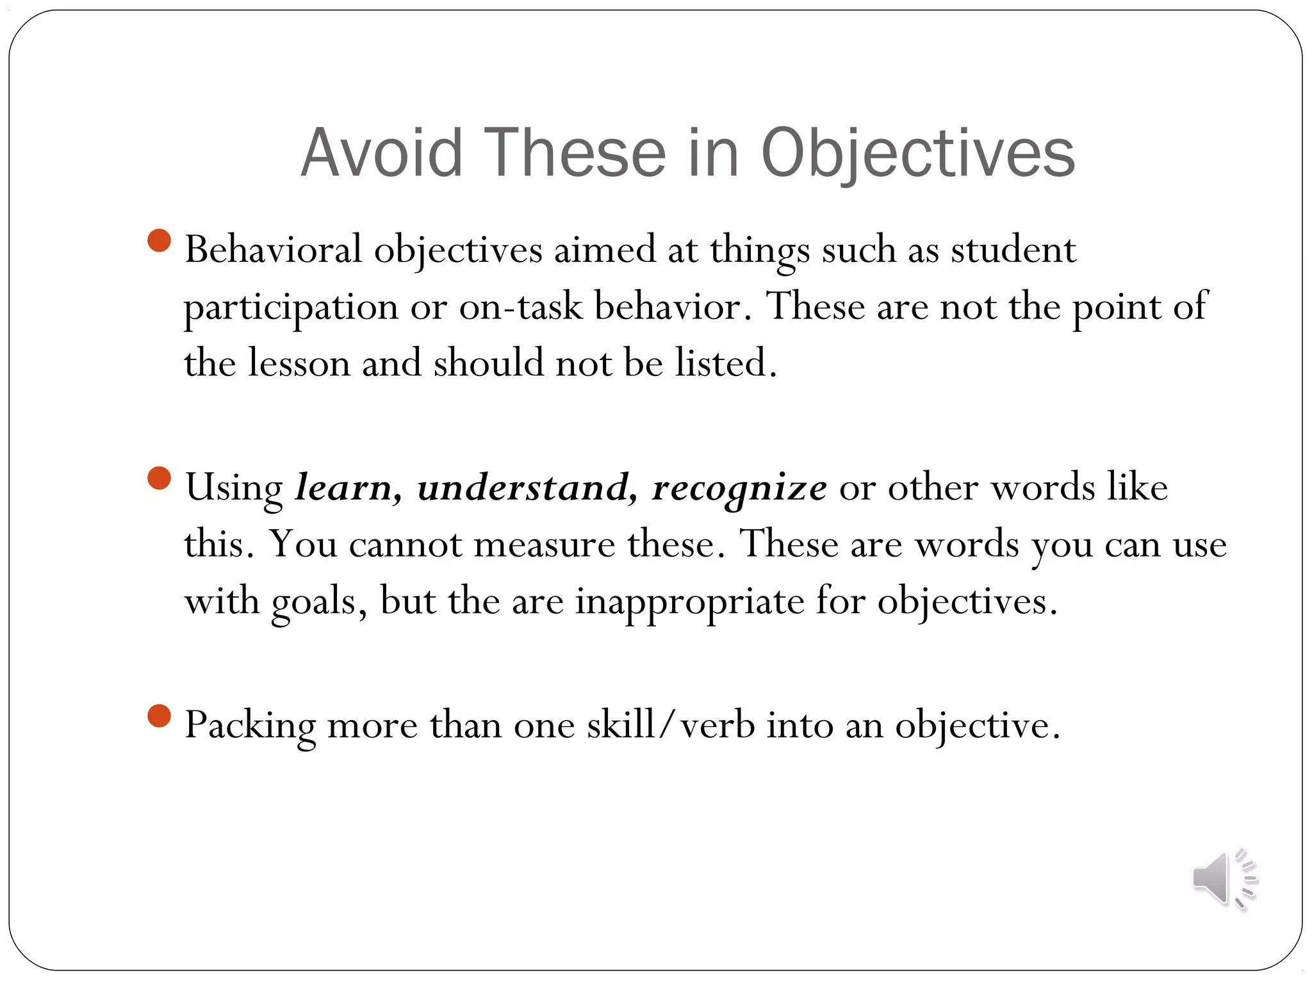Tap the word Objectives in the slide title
point(917,154)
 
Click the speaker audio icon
point(1224,879)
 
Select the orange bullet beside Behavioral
point(159,241)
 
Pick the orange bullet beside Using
point(159,479)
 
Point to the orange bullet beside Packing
point(159,716)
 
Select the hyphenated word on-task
point(520,306)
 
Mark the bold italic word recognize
point(739,488)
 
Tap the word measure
point(544,545)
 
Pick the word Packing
point(250,726)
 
